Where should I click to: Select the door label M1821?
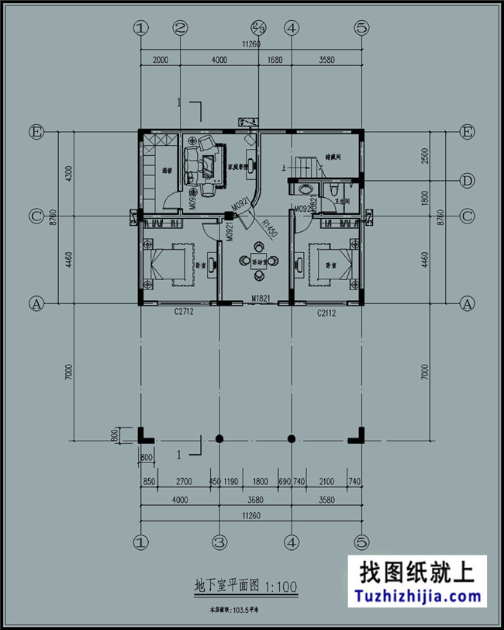pos(260,298)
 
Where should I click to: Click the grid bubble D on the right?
pos(467,182)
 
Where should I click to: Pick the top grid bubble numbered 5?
pos(361,28)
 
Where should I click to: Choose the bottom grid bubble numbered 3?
pos(219,542)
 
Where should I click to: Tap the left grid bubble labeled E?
pos(36,130)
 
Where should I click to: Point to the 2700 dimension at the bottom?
pos(185,481)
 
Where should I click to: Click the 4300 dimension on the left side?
pos(69,173)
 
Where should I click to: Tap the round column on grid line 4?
pos(292,438)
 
